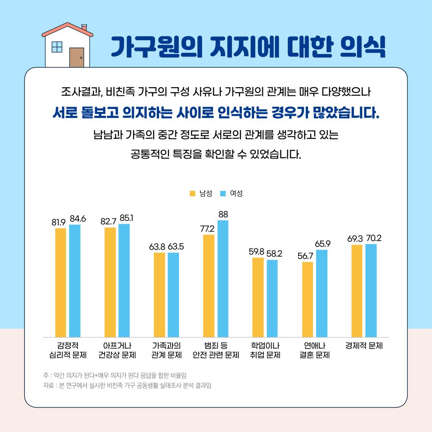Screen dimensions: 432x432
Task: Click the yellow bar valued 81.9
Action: (x=60, y=282)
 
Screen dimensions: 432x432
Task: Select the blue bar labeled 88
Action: (x=222, y=278)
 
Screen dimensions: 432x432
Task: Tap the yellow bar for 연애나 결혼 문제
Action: (x=308, y=299)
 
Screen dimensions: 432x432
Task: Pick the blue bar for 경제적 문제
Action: (x=371, y=290)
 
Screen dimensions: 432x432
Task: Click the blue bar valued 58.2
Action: (x=272, y=298)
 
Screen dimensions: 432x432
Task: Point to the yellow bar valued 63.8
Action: (x=159, y=295)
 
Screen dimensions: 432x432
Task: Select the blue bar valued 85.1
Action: (x=124, y=280)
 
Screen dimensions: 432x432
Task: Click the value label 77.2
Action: (x=207, y=228)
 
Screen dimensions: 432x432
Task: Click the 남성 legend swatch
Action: (x=193, y=193)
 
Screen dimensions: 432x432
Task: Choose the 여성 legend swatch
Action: (x=223, y=193)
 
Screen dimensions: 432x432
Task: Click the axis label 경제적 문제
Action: (x=364, y=346)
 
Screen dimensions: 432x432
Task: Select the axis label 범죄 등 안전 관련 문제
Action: (x=216, y=350)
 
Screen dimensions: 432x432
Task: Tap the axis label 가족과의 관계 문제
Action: (x=166, y=350)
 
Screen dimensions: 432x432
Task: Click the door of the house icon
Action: (x=76, y=57)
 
